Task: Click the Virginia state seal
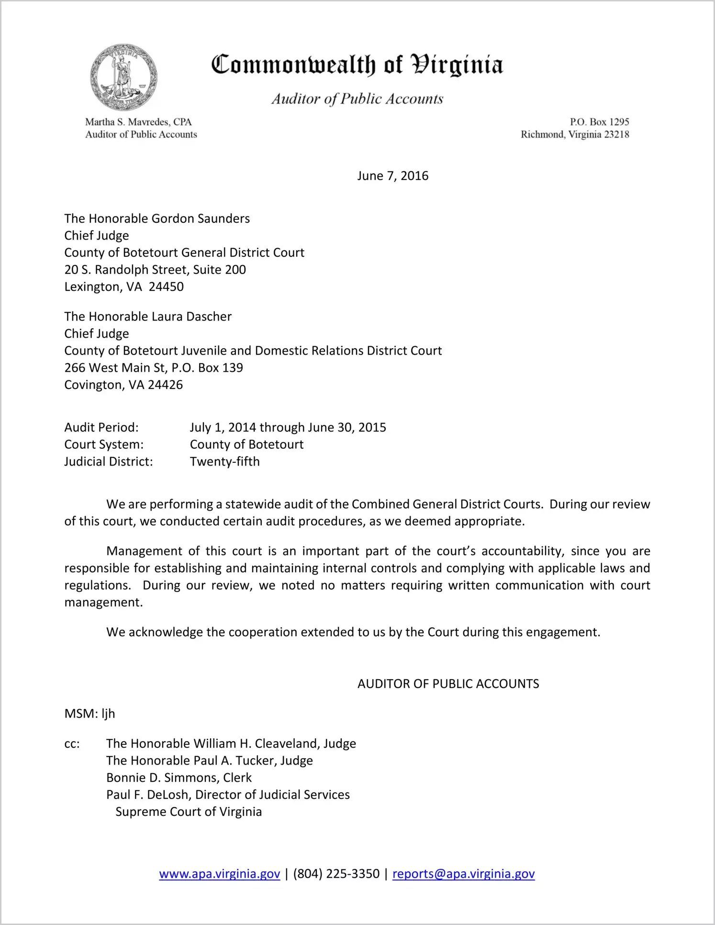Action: click(x=123, y=77)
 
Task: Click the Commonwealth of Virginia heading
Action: click(x=357, y=65)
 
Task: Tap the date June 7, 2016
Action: click(x=392, y=176)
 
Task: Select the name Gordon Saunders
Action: click(x=201, y=219)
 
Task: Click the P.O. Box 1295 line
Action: click(x=599, y=122)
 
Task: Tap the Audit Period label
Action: click(x=101, y=427)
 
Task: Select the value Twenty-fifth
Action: click(x=225, y=462)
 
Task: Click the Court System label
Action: click(x=104, y=445)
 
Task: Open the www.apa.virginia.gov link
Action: click(x=219, y=874)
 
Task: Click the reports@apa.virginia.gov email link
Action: click(x=463, y=874)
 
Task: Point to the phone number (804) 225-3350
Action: click(x=336, y=874)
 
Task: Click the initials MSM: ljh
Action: click(x=89, y=714)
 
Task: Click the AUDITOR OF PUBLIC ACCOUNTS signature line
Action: click(x=448, y=684)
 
